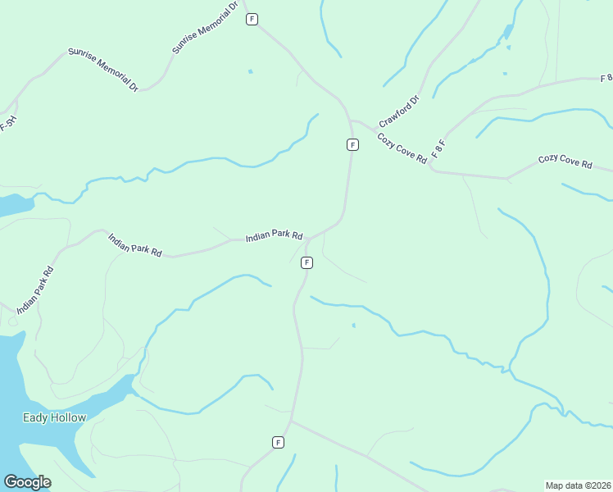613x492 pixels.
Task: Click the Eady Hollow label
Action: coord(56,417)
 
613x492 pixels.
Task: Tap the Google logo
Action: coord(27,482)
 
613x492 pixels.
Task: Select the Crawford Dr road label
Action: coord(399,112)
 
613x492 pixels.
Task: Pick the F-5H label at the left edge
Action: coord(7,123)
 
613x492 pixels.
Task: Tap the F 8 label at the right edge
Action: coord(606,78)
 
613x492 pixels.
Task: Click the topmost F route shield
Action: coord(252,19)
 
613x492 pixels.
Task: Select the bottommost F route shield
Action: coord(278,442)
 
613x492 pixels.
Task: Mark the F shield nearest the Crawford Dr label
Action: coord(352,144)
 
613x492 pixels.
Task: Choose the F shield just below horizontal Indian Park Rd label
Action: coord(306,262)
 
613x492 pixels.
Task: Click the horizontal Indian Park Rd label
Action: coord(275,238)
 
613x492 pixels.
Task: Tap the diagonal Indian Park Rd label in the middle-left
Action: coord(135,244)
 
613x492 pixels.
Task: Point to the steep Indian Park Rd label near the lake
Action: coord(36,289)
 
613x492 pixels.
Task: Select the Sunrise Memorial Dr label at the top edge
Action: coord(205,28)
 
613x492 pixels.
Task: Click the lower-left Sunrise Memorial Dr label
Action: coord(103,70)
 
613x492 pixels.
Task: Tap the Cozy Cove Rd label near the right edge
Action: coord(565,161)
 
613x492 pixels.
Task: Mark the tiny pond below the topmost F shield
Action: coord(250,71)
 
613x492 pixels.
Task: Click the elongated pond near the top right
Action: coord(508,33)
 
